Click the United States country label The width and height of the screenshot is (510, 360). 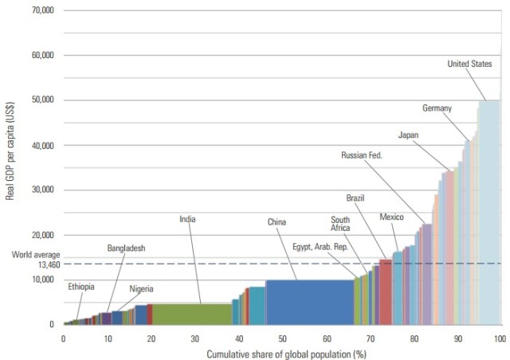[x=469, y=64]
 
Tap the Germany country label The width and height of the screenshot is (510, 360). [x=437, y=108]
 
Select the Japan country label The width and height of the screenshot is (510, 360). [x=408, y=135]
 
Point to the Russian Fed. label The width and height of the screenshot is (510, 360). [x=362, y=155]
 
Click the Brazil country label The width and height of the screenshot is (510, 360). [x=355, y=197]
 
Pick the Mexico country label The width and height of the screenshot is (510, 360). [x=391, y=217]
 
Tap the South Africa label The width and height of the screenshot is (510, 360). [x=340, y=225]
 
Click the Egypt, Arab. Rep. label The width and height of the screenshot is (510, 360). [x=320, y=246]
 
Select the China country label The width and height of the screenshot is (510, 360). [x=277, y=222]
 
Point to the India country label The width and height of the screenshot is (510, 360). [x=187, y=218]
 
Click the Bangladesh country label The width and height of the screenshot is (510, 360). [x=126, y=248]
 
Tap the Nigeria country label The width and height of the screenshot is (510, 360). [x=141, y=288]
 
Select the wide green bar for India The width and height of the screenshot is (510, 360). [x=191, y=315]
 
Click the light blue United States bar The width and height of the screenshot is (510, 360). [x=488, y=215]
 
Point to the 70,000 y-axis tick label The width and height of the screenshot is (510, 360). [x=38, y=10]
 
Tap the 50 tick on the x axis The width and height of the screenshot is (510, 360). [x=282, y=338]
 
